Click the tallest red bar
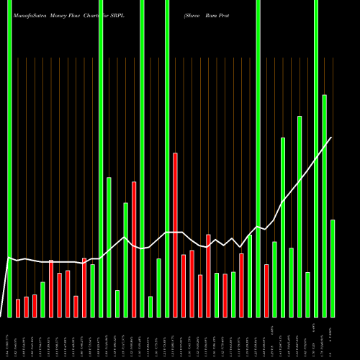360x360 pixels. pyautogui.click(x=175, y=235)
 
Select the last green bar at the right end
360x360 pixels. pyautogui.click(x=333, y=268)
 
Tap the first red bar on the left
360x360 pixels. pyautogui.click(x=18, y=308)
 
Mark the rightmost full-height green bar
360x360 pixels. pyautogui.click(x=316, y=158)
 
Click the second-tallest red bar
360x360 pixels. pyautogui.click(x=134, y=249)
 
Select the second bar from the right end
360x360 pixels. pyautogui.click(x=325, y=205)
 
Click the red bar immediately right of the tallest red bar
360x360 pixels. pyautogui.click(x=183, y=286)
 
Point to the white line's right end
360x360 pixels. pyautogui.click(x=332, y=138)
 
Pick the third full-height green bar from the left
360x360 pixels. pyautogui.click(x=142, y=158)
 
